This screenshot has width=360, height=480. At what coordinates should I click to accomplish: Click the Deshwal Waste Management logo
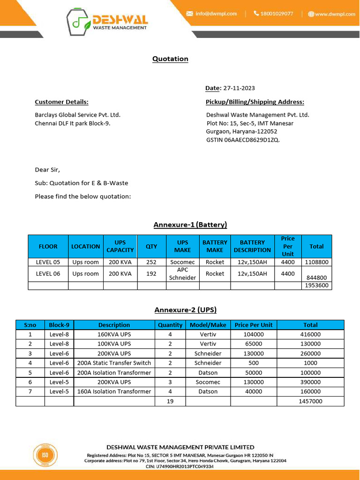pos(107,22)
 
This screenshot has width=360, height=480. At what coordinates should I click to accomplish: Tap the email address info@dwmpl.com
pos(216,14)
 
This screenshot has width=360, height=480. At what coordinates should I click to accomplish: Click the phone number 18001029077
pos(277,14)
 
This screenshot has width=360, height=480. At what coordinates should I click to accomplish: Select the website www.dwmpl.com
pos(335,14)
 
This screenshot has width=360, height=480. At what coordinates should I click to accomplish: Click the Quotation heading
pos(170,59)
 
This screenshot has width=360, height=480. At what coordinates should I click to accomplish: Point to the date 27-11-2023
pos(239,88)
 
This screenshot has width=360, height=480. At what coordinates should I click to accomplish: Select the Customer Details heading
pos(61,102)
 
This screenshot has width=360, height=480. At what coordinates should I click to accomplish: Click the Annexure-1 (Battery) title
pos(190,225)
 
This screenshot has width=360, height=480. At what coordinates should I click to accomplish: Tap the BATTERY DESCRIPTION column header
pos(252,246)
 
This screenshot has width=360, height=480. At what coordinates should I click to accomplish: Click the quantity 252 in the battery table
pos(151,262)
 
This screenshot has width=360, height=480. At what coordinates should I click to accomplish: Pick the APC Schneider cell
pos(182,274)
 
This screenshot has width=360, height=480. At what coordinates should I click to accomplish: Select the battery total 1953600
pos(317,285)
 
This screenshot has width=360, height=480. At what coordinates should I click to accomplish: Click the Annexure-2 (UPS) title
pos(186,310)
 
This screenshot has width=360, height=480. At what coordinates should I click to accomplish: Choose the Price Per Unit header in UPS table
pos(254,325)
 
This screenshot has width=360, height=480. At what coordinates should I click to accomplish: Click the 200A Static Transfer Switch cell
pos(114,363)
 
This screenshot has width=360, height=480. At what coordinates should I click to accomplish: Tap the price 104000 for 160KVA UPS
pos(254,334)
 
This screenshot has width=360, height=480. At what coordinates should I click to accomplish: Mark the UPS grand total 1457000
pos(310,401)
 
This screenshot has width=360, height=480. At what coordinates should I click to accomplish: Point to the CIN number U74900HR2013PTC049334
pos(187,466)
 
